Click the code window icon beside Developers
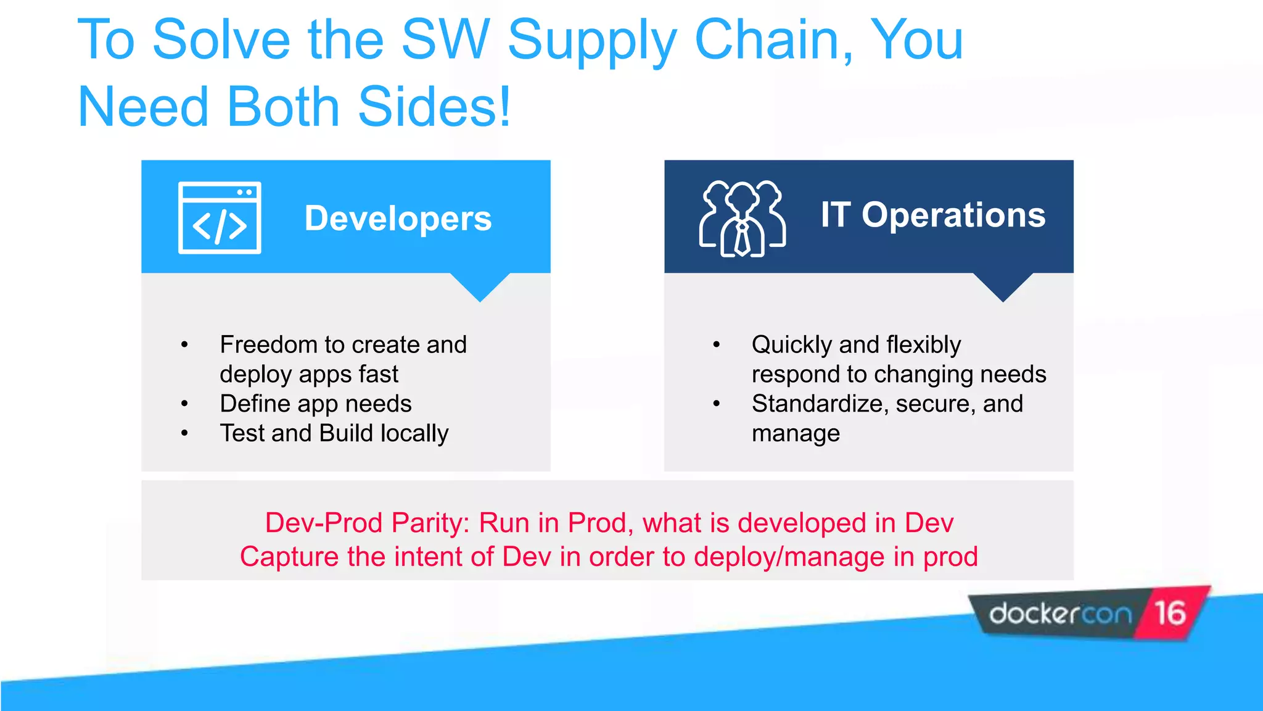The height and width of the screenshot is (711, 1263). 220,218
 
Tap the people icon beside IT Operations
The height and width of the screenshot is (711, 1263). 742,218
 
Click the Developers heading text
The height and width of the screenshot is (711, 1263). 398,218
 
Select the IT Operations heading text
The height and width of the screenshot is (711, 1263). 932,215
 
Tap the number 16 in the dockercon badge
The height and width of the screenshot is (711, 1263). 1170,613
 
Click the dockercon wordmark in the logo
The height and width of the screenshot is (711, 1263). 1060,614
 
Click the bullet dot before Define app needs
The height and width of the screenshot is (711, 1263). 184,404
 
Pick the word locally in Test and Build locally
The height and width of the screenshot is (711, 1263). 414,433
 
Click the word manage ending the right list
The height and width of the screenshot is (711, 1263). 796,433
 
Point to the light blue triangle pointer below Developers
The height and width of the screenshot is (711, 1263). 480,285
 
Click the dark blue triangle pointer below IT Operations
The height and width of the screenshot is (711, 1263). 1003,285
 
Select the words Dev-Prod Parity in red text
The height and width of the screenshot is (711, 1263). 367,523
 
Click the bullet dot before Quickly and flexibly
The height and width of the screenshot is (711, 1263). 716,344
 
